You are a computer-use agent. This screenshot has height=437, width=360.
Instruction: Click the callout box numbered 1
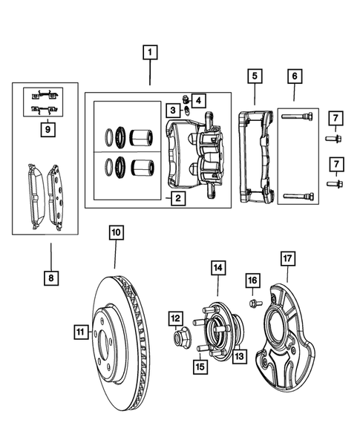coord(151,53)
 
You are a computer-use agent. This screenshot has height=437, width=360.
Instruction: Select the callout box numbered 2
coord(178,198)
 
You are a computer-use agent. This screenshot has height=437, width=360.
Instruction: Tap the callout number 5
coord(254,76)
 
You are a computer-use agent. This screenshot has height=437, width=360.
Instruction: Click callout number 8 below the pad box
coord(50,278)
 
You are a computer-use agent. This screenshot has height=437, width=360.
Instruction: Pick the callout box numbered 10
coord(116,232)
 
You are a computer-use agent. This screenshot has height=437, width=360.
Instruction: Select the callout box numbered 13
coord(240,357)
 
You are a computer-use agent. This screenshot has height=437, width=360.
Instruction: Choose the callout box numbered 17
coord(288,258)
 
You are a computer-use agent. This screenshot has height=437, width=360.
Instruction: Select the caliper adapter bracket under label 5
coord(256,156)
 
